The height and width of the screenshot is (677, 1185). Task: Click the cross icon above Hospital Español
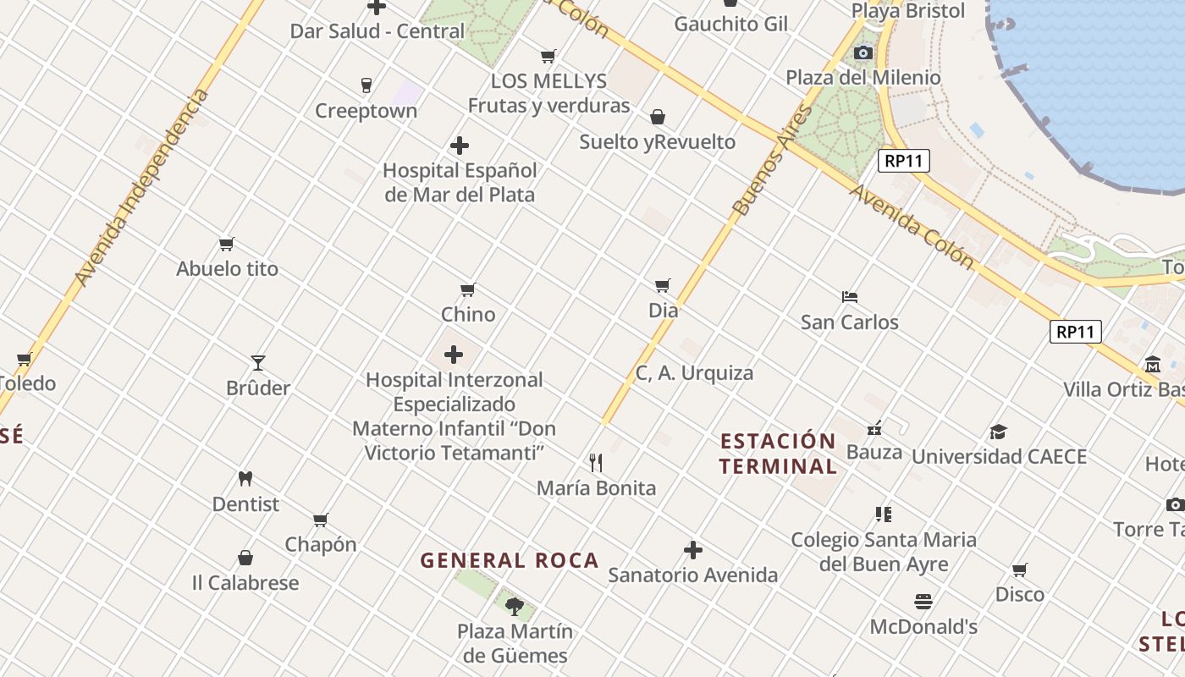[x=460, y=146]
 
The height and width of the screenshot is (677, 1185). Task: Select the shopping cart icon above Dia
[x=663, y=285]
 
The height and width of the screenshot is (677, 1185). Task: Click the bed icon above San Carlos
[x=850, y=297]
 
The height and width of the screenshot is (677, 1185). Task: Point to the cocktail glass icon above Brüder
[x=258, y=363]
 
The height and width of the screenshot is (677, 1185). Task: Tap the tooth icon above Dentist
[x=245, y=478]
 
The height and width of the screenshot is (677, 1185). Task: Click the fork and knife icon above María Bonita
[x=596, y=462]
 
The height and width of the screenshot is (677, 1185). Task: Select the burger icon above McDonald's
[x=923, y=602]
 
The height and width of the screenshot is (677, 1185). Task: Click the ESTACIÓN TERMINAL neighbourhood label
[x=778, y=454]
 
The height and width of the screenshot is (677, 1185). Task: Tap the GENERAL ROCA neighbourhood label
[x=510, y=560]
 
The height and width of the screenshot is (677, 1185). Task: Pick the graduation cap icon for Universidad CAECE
[x=999, y=432]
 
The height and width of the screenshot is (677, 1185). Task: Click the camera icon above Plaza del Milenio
[x=863, y=53]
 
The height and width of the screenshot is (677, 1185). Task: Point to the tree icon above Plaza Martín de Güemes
[x=514, y=606]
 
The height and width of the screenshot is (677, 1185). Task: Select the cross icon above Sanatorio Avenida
[x=693, y=551]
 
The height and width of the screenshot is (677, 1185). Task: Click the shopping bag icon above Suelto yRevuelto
[x=658, y=117]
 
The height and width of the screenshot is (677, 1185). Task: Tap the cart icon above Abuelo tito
[x=227, y=245]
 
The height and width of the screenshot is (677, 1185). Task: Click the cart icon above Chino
[x=468, y=290]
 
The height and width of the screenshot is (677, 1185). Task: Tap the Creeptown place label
[x=366, y=111]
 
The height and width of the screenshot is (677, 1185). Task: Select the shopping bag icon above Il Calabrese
[x=245, y=558]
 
